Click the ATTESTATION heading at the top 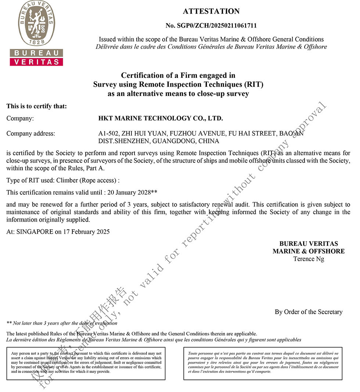(x=211, y=11)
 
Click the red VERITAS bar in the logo (x=36, y=62)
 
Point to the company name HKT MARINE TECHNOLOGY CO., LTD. (x=161, y=119)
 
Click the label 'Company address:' (x=30, y=134)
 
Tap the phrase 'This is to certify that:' (x=37, y=107)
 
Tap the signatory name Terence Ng (x=309, y=259)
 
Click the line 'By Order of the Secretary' (x=309, y=312)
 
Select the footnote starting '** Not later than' (x=62, y=323)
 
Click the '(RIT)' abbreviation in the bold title (x=254, y=84)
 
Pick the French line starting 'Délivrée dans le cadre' (x=211, y=47)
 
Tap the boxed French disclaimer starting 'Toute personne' (x=263, y=362)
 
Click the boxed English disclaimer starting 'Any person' (x=86, y=362)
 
